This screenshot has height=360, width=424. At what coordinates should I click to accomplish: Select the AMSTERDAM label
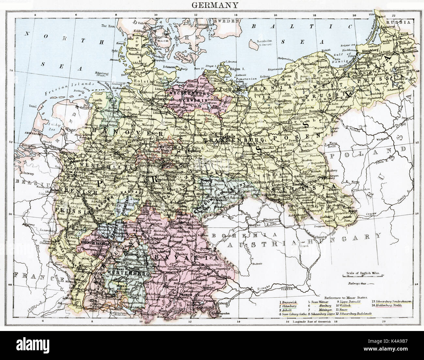(x=31, y=134)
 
